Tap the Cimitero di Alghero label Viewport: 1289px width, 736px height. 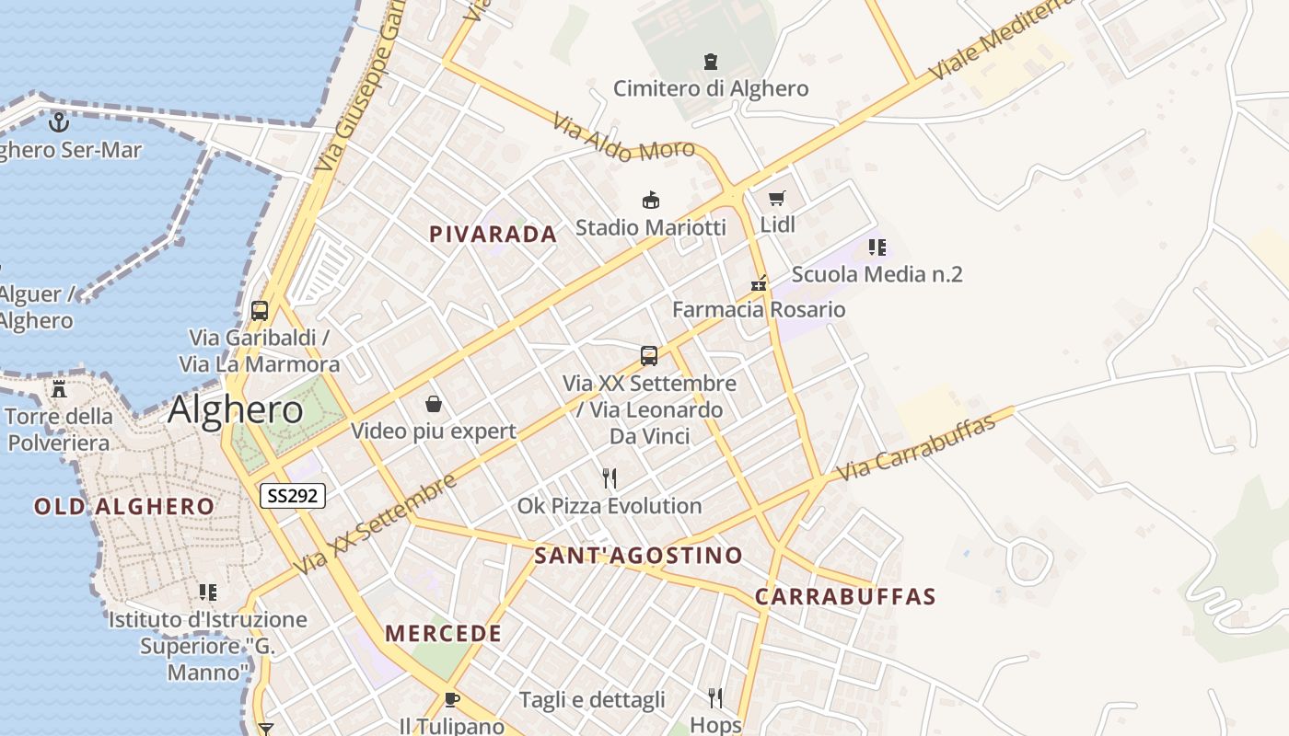(711, 88)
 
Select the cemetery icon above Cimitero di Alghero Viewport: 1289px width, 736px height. (711, 62)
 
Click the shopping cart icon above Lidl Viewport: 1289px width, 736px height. (777, 198)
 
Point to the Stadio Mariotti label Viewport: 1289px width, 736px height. (650, 226)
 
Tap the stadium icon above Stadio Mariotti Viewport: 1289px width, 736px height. (651, 200)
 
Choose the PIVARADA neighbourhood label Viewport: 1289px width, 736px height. (493, 235)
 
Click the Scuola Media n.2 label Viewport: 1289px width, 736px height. (877, 274)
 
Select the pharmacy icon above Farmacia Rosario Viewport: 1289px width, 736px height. (759, 283)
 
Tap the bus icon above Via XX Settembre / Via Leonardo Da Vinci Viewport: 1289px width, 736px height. (649, 356)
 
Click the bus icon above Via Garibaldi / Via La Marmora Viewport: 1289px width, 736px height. (260, 311)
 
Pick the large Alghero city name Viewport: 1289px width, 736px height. (236, 410)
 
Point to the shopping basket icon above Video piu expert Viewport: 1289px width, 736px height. (434, 404)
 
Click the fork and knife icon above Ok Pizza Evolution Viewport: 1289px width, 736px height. (609, 478)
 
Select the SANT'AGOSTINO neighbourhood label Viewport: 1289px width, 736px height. (638, 556)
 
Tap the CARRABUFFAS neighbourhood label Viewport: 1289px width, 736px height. (845, 597)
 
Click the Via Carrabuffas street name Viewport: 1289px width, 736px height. (915, 448)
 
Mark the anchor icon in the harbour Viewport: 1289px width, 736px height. (59, 121)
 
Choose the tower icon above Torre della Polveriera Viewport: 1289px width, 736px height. (59, 388)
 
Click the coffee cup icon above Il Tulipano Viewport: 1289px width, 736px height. (451, 699)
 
